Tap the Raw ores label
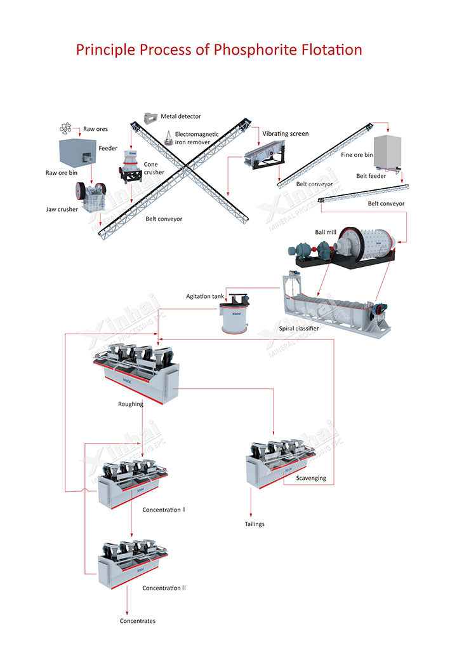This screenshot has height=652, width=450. point(95,129)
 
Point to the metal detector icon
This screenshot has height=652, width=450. point(150,118)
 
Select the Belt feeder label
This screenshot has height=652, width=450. point(371,176)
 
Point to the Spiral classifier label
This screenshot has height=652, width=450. point(299,329)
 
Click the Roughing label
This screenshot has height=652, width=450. point(131,404)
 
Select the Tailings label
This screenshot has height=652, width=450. point(255,524)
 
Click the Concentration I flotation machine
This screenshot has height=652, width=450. point(133,483)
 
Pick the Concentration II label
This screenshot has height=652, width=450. point(164,588)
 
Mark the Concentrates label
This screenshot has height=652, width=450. point(138,621)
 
